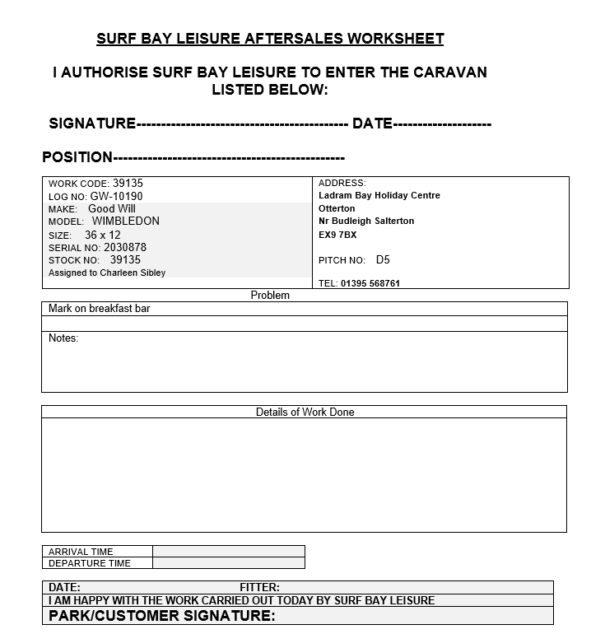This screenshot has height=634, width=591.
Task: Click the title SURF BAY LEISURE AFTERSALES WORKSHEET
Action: pos(270,39)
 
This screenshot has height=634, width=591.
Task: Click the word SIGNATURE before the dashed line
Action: pos(92,124)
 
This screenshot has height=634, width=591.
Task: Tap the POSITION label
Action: pos(77,157)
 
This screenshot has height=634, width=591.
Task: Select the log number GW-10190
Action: pos(116,197)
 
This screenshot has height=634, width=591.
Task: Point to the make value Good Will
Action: pos(112,209)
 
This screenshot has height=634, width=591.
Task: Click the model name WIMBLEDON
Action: pos(125,221)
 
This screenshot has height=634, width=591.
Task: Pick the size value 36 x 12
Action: pos(102,235)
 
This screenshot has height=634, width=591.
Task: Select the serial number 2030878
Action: pos(125,247)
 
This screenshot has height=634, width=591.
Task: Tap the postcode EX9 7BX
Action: pos(337,235)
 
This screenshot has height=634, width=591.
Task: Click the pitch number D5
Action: pos(383,260)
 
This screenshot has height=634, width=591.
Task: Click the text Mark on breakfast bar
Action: pos(99,309)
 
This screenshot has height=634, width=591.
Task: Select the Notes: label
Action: pos(63,338)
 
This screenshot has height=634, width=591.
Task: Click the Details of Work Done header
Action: pos(305,412)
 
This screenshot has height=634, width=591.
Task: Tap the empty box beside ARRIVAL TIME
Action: pos(228,552)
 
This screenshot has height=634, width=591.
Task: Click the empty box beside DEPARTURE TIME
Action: pos(228,563)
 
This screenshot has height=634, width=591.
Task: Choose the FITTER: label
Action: pos(259,587)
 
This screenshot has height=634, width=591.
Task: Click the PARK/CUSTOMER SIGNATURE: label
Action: pos(162,616)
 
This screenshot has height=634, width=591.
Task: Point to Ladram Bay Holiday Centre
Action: pos(379,196)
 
